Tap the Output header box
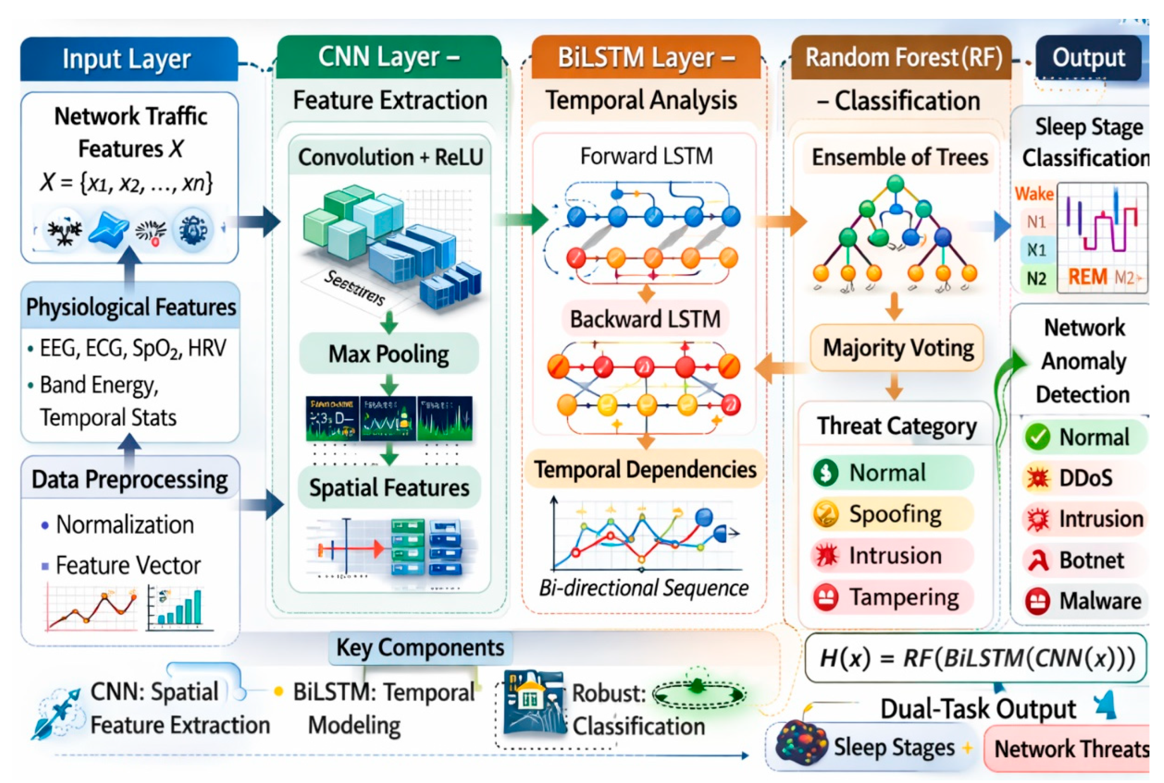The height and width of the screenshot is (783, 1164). tap(1088, 58)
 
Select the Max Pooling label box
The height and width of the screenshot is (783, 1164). tap(389, 353)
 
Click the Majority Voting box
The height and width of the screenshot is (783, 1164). tap(897, 348)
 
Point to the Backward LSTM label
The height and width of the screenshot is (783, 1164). tap(645, 319)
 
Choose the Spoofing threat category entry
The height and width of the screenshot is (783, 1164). tap(893, 514)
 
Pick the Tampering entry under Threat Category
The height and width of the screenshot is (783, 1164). tap(893, 597)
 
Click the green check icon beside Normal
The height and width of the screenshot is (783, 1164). tap(1037, 437)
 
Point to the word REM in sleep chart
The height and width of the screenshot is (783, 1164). tap(1088, 277)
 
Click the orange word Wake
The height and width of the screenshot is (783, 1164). tap(1034, 194)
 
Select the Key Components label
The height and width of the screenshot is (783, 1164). tap(420, 647)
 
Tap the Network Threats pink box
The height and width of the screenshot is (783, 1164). tap(1069, 749)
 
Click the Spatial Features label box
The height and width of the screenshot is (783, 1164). tap(389, 488)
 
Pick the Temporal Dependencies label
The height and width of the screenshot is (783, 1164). tap(645, 470)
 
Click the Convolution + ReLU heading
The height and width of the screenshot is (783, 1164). tap(390, 157)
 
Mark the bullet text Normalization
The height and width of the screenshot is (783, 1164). tap(124, 525)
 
